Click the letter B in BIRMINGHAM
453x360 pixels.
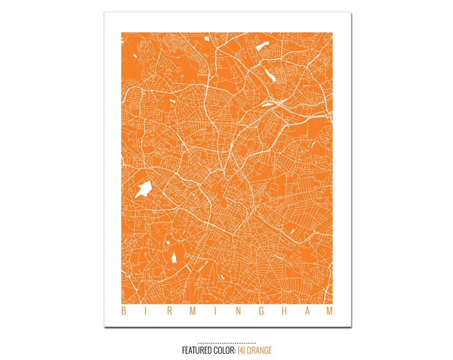click(123, 311)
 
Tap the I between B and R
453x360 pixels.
click(146, 311)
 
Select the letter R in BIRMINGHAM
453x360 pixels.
click(169, 311)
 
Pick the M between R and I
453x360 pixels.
click(193, 311)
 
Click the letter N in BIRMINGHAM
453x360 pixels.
click(238, 311)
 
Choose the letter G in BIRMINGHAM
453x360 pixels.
click(261, 311)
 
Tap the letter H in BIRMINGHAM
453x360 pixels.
click(284, 311)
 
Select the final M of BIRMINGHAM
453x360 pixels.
click(329, 311)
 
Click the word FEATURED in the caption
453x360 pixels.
click(197, 350)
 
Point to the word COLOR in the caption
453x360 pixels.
click(225, 350)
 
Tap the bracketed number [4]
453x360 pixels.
click(242, 350)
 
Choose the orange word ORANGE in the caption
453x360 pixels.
click(259, 350)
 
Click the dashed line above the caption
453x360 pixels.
click(227, 343)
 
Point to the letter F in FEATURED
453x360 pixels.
click(184, 350)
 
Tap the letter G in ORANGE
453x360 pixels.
click(264, 350)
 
